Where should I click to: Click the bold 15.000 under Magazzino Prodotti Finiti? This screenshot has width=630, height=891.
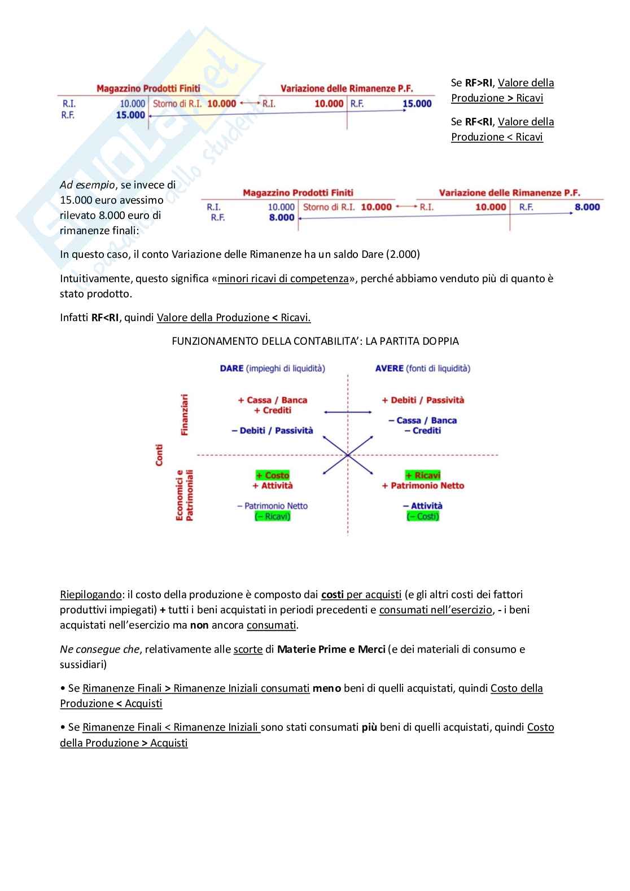click(x=130, y=115)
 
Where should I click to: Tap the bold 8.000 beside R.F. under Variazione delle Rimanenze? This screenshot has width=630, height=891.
click(x=587, y=207)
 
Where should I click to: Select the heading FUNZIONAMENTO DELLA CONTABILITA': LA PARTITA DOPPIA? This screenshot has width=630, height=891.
click(x=315, y=341)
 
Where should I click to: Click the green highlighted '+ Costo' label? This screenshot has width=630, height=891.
click(x=273, y=475)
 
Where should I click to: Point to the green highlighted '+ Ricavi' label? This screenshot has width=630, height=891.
click(x=423, y=475)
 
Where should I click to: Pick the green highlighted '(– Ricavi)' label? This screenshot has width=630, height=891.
click(x=273, y=516)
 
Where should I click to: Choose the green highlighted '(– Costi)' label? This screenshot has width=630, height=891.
click(x=423, y=516)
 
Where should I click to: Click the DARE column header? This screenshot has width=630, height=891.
click(x=232, y=368)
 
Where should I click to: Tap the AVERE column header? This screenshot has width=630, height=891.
click(x=390, y=368)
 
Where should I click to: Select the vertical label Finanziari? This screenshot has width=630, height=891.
click(x=185, y=415)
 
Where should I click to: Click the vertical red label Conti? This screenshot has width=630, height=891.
click(x=159, y=455)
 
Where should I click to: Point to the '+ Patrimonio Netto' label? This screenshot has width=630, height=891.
click(x=423, y=485)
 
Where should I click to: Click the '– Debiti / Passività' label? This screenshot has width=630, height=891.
click(x=272, y=431)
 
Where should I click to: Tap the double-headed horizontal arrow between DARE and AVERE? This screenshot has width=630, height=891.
click(x=348, y=412)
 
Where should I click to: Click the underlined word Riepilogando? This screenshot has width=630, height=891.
click(x=90, y=595)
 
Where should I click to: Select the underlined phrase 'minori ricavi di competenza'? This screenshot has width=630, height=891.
click(x=283, y=279)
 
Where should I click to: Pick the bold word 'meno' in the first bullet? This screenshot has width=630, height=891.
click(x=327, y=688)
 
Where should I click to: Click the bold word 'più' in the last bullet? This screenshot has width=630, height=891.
click(x=369, y=727)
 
